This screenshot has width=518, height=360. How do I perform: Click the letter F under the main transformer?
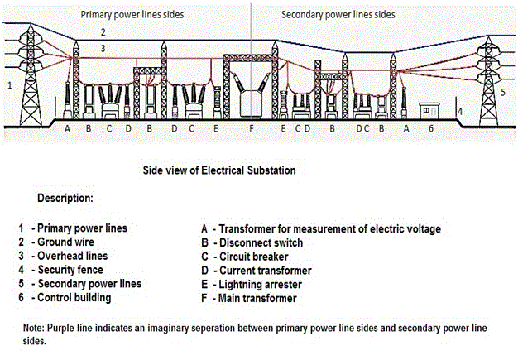(x=252, y=129)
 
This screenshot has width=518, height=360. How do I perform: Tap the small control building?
(x=430, y=112)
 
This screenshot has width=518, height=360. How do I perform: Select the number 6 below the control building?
(x=430, y=129)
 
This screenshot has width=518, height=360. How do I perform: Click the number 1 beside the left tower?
(x=9, y=84)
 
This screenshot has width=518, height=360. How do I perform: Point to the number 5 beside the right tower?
(x=502, y=93)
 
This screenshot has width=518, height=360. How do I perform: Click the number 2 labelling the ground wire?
(x=103, y=32)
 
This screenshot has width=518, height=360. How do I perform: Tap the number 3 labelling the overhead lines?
(x=103, y=49)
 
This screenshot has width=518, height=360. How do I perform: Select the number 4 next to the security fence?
(x=460, y=111)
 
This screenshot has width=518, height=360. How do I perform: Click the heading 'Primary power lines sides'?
(x=132, y=14)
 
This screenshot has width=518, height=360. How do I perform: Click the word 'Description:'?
(x=65, y=199)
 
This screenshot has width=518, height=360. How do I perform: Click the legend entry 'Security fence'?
(x=71, y=270)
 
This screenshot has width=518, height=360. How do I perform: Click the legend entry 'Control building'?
(x=75, y=297)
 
